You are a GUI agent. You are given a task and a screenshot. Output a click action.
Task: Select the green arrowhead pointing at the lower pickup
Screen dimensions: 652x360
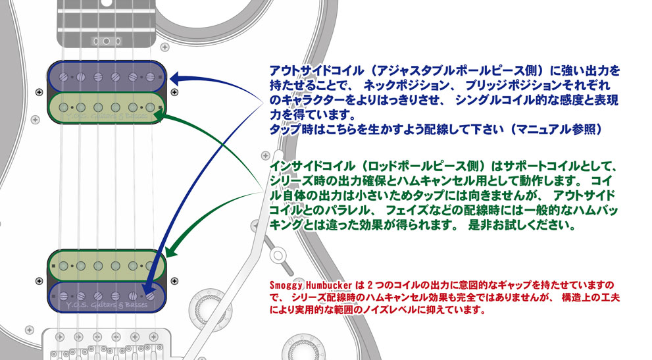click(171, 251)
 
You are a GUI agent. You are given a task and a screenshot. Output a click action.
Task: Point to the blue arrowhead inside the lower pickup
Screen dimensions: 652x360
click(149, 290)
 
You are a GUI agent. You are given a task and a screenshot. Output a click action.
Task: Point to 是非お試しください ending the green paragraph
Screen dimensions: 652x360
click(522, 225)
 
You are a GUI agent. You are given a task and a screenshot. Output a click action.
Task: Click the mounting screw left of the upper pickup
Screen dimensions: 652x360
click(39, 92)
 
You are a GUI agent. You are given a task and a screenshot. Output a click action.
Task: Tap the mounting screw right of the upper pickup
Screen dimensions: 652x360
click(174, 92)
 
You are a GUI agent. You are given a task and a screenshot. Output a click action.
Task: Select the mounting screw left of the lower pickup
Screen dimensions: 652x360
click(39, 281)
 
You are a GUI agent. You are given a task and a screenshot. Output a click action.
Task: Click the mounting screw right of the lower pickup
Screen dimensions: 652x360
click(174, 281)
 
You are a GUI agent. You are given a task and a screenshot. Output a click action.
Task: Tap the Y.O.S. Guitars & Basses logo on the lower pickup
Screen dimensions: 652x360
click(107, 305)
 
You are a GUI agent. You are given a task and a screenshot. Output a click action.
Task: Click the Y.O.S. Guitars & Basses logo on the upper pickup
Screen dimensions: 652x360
click(107, 116)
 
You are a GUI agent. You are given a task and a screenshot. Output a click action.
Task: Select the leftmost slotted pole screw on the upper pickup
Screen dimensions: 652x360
click(64, 77)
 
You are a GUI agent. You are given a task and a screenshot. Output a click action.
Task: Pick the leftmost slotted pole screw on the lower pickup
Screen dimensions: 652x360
click(64, 296)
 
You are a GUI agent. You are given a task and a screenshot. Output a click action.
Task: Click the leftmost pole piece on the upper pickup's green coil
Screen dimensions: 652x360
click(64, 107)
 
